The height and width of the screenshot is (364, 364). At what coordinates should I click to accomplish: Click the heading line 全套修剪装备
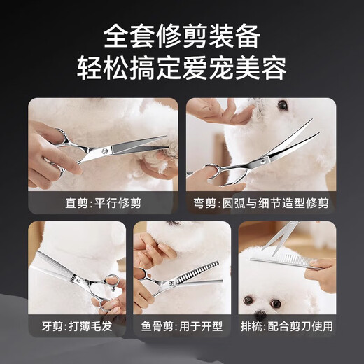(x=182, y=34)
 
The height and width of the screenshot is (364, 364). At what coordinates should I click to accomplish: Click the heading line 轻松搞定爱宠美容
(x=182, y=69)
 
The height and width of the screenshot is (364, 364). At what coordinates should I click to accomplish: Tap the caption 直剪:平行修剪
(x=103, y=204)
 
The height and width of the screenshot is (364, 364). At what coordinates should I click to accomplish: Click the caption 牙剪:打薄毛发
(x=77, y=326)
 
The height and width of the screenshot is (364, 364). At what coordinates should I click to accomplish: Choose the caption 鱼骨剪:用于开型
(x=181, y=326)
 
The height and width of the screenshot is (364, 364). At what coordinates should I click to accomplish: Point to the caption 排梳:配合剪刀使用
(x=286, y=326)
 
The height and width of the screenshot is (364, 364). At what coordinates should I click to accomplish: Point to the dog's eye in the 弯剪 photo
(x=283, y=106)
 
